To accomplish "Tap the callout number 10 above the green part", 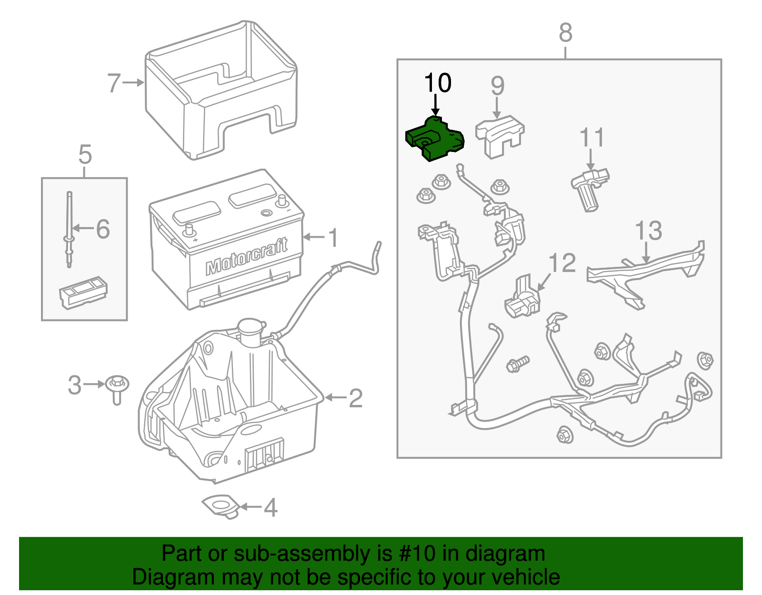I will tap(438, 83).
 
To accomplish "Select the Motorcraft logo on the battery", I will tap(247, 258).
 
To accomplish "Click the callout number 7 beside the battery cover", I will tap(114, 83).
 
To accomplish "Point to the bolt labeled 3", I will tap(117, 387).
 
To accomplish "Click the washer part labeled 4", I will tap(221, 506).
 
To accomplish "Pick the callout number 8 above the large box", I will tap(565, 33).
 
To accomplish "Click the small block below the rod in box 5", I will tap(83, 292).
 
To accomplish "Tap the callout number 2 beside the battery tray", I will tap(355, 398).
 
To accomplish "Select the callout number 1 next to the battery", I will tap(333, 238).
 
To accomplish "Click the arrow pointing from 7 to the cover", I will tap(133, 83).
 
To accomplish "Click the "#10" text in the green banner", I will tap(414, 554).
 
